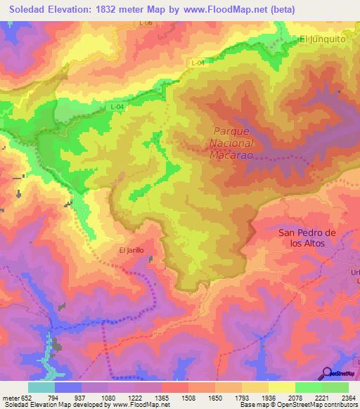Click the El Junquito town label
pos(323,39)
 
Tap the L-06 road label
pos(146,23)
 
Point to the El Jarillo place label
pos(131,249)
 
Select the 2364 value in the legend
pos(348,397)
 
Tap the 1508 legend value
pos(188,397)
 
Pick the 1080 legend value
pos(108,397)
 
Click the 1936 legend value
pos(268,397)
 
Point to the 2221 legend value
pos(321,397)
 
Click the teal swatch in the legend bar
pos(41,387)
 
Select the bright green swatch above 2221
pos(308,387)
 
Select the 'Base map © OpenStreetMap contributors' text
pos(297,405)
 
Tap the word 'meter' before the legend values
pos(10,397)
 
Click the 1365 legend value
pos(162,397)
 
